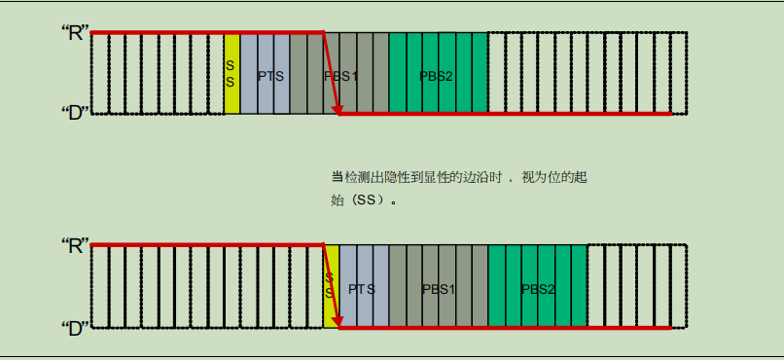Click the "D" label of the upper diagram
click(x=75, y=111)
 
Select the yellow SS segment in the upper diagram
click(x=231, y=73)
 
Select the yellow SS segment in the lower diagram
click(x=331, y=286)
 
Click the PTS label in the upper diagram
click(x=270, y=75)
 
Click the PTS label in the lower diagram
click(x=361, y=289)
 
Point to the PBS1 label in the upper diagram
click(x=340, y=75)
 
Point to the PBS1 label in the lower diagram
click(x=438, y=289)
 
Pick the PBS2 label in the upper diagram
click(x=436, y=75)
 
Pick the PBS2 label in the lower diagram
click(x=537, y=289)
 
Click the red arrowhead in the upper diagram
click(x=337, y=108)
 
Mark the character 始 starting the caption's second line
click(x=339, y=201)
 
